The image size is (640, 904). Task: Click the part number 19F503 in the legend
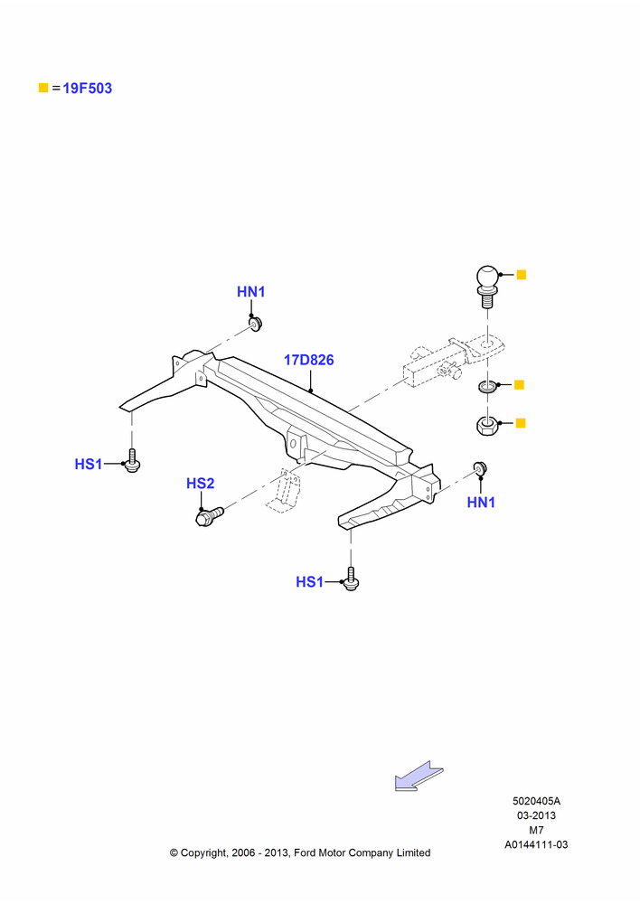(x=87, y=89)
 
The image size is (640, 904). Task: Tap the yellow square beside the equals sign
(x=43, y=88)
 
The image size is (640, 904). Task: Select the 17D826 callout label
(x=308, y=360)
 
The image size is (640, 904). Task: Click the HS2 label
(x=200, y=483)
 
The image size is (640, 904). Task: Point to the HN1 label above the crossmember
(x=250, y=292)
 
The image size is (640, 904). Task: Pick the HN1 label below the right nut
(x=481, y=503)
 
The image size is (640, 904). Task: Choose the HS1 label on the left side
(x=89, y=464)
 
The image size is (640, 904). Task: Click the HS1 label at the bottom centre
(x=310, y=582)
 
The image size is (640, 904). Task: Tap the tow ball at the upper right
(x=487, y=286)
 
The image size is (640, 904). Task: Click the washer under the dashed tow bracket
(x=487, y=386)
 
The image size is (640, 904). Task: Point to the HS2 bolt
(x=210, y=515)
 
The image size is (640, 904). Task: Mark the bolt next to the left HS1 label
(x=132, y=461)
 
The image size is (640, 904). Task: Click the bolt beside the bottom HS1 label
(x=351, y=579)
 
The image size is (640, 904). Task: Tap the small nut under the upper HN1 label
(x=255, y=324)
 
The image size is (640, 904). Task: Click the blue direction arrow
(x=419, y=776)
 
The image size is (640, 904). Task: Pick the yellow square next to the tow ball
(x=522, y=275)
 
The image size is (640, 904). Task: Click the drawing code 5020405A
(x=536, y=801)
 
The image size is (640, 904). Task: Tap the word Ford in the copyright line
(x=305, y=852)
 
